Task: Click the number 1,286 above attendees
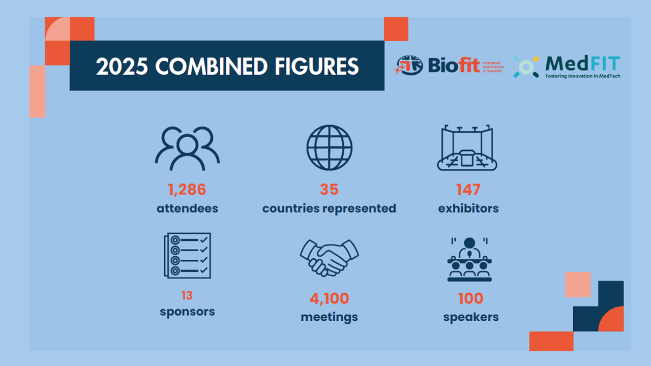point(187,190)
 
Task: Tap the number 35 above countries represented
point(329,190)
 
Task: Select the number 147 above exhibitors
point(468,190)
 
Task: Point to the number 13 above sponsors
point(187,295)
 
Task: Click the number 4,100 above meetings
point(329,298)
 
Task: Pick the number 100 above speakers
point(470,298)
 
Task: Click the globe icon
point(329,148)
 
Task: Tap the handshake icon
point(329,257)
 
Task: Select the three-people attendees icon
point(187,148)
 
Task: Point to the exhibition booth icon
point(467,148)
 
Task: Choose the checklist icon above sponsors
point(187,256)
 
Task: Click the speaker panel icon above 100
point(469,259)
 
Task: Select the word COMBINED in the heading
point(210,67)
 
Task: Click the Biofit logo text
point(454,66)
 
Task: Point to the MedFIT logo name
point(582,64)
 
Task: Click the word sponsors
point(187,312)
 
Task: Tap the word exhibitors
point(468,208)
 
